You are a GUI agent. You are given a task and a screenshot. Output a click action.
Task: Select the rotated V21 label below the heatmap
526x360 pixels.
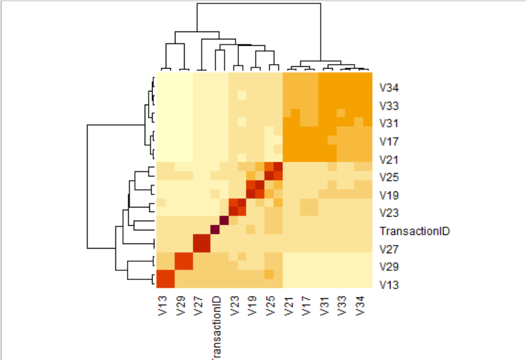point(288,305)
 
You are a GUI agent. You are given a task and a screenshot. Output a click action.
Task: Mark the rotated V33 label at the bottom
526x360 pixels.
point(342,305)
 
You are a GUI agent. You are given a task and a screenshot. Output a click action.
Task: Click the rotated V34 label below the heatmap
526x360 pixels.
point(360,305)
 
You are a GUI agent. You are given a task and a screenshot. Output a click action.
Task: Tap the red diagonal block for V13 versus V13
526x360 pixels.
point(165,279)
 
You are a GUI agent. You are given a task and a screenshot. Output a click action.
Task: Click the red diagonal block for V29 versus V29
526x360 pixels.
point(184,261)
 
